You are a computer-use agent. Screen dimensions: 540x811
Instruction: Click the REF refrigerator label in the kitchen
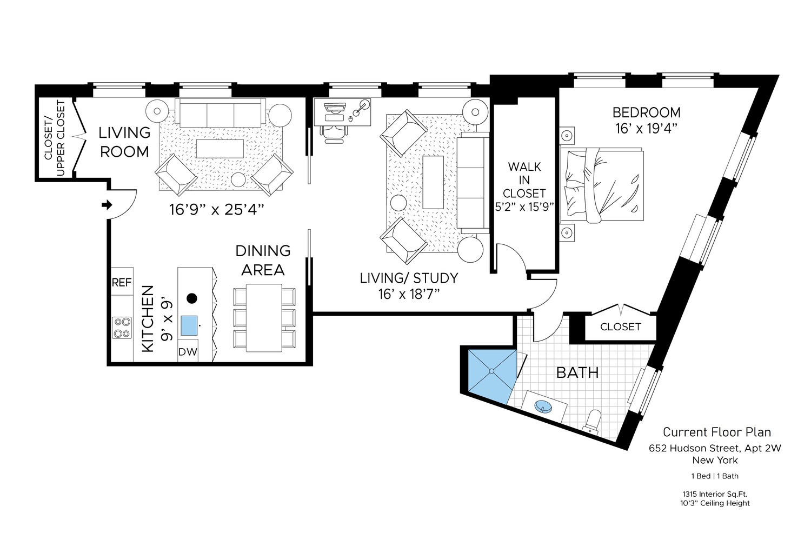pyautogui.click(x=122, y=282)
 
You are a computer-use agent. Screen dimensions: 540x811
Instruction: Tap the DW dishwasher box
pyautogui.click(x=188, y=352)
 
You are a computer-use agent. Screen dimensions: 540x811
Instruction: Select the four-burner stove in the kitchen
pyautogui.click(x=122, y=327)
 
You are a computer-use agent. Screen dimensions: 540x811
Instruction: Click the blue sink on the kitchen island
pyautogui.click(x=189, y=326)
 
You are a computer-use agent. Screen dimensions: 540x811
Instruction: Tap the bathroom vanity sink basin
pyautogui.click(x=544, y=405)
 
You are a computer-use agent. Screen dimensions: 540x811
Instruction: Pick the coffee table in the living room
pyautogui.click(x=220, y=148)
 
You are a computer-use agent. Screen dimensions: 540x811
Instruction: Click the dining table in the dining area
pyautogui.click(x=264, y=317)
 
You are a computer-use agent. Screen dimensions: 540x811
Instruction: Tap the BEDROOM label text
pyautogui.click(x=646, y=112)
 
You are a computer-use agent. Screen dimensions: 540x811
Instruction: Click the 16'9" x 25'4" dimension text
pyautogui.click(x=216, y=209)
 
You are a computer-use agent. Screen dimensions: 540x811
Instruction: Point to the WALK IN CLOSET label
pyautogui.click(x=524, y=180)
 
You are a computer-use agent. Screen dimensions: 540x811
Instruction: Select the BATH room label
pyautogui.click(x=577, y=372)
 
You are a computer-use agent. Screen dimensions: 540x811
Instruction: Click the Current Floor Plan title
pyautogui.click(x=716, y=432)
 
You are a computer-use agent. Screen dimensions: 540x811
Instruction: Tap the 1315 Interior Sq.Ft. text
pyautogui.click(x=715, y=494)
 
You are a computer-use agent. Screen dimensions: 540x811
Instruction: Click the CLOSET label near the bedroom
pyautogui.click(x=620, y=327)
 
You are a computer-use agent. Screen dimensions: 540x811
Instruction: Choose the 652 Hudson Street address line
pyautogui.click(x=715, y=448)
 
